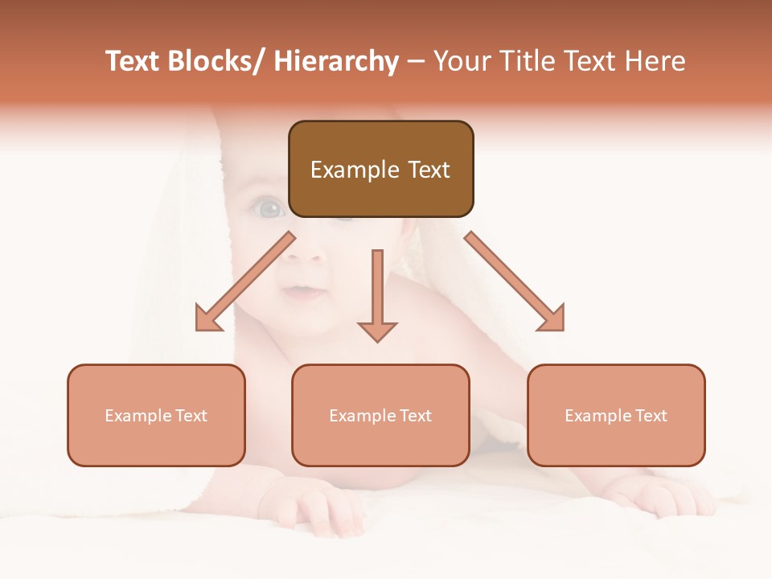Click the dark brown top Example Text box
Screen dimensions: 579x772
380,169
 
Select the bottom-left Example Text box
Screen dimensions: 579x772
156,415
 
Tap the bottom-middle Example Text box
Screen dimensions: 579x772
380,415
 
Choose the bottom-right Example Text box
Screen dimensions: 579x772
616,415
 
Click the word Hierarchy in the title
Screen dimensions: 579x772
335,61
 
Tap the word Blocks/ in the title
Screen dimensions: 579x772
220,61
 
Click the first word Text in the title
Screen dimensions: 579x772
134,61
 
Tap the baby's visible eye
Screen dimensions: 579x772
270,210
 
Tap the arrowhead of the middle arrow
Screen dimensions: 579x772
377,331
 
